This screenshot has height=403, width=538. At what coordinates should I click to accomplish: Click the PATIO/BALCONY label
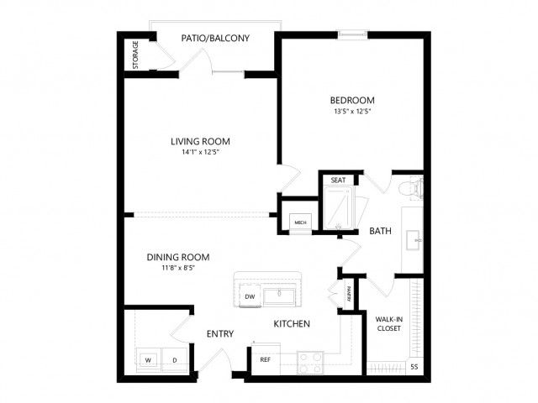(x=215, y=38)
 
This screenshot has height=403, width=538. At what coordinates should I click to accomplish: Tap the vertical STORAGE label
(x=135, y=55)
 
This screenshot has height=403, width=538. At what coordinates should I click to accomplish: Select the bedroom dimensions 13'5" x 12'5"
(x=352, y=112)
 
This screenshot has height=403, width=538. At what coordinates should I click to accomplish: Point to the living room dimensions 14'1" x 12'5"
(x=200, y=152)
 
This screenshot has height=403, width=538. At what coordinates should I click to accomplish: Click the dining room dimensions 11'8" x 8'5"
(x=178, y=268)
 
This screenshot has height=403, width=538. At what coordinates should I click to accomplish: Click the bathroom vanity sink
(x=414, y=240)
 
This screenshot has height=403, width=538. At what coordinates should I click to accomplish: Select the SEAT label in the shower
(x=338, y=180)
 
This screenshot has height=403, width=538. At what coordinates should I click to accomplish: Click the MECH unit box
(x=301, y=222)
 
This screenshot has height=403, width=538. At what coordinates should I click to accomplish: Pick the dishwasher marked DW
(x=250, y=296)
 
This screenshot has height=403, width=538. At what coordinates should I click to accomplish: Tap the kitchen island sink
(x=279, y=296)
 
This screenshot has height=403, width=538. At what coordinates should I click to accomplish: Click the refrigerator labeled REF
(x=266, y=359)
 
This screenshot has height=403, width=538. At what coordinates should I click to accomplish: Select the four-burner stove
(x=310, y=363)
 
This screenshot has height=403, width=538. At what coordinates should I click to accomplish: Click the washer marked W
(x=149, y=360)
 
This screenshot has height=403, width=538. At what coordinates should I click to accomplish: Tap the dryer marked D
(x=175, y=360)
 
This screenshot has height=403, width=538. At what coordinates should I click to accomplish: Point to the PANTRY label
(x=349, y=295)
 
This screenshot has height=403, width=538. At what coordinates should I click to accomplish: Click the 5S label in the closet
(x=414, y=367)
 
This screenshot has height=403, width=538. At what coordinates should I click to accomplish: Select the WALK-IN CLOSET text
(x=389, y=324)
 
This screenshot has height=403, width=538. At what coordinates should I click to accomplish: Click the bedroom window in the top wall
(x=352, y=34)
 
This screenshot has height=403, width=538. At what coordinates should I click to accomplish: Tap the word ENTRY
(x=220, y=334)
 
